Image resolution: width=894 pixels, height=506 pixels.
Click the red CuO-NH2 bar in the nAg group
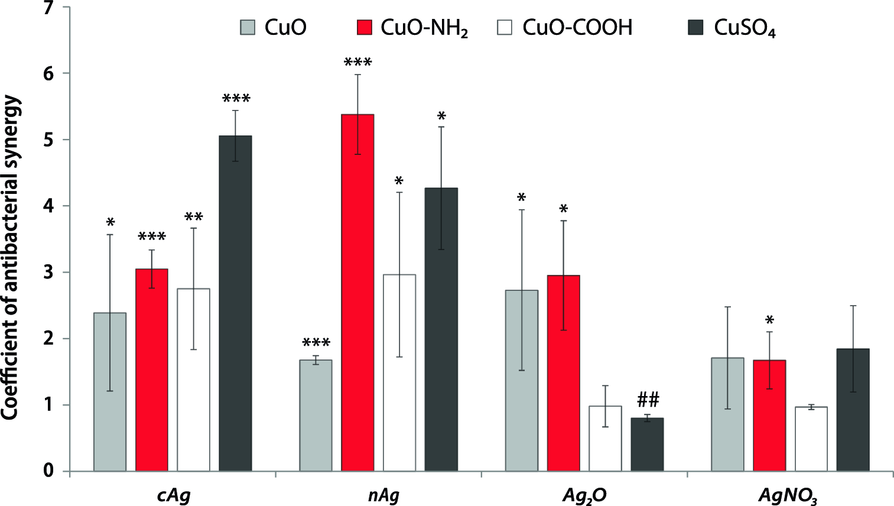coord(357,293)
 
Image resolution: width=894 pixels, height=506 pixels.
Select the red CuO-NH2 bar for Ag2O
coord(563,373)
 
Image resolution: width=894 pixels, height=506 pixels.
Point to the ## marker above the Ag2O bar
coord(648,400)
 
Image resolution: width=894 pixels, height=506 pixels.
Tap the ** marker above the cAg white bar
coord(193,218)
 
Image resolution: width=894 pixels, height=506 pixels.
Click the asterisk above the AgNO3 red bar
coord(769,321)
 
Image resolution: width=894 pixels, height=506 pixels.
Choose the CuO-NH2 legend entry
coord(413,28)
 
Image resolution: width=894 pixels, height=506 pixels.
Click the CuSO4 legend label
coord(744,28)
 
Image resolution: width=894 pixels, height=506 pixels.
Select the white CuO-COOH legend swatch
coord(506,28)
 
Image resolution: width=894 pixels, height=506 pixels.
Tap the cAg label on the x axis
coord(174,495)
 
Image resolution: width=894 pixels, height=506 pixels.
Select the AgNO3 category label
coord(788,495)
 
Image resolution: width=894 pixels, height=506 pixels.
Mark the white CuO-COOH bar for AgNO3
coord(811,439)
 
